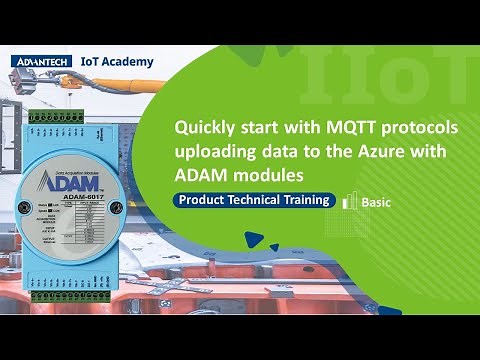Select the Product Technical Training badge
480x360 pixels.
tap(252, 200)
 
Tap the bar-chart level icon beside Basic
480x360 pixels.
tap(350, 200)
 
